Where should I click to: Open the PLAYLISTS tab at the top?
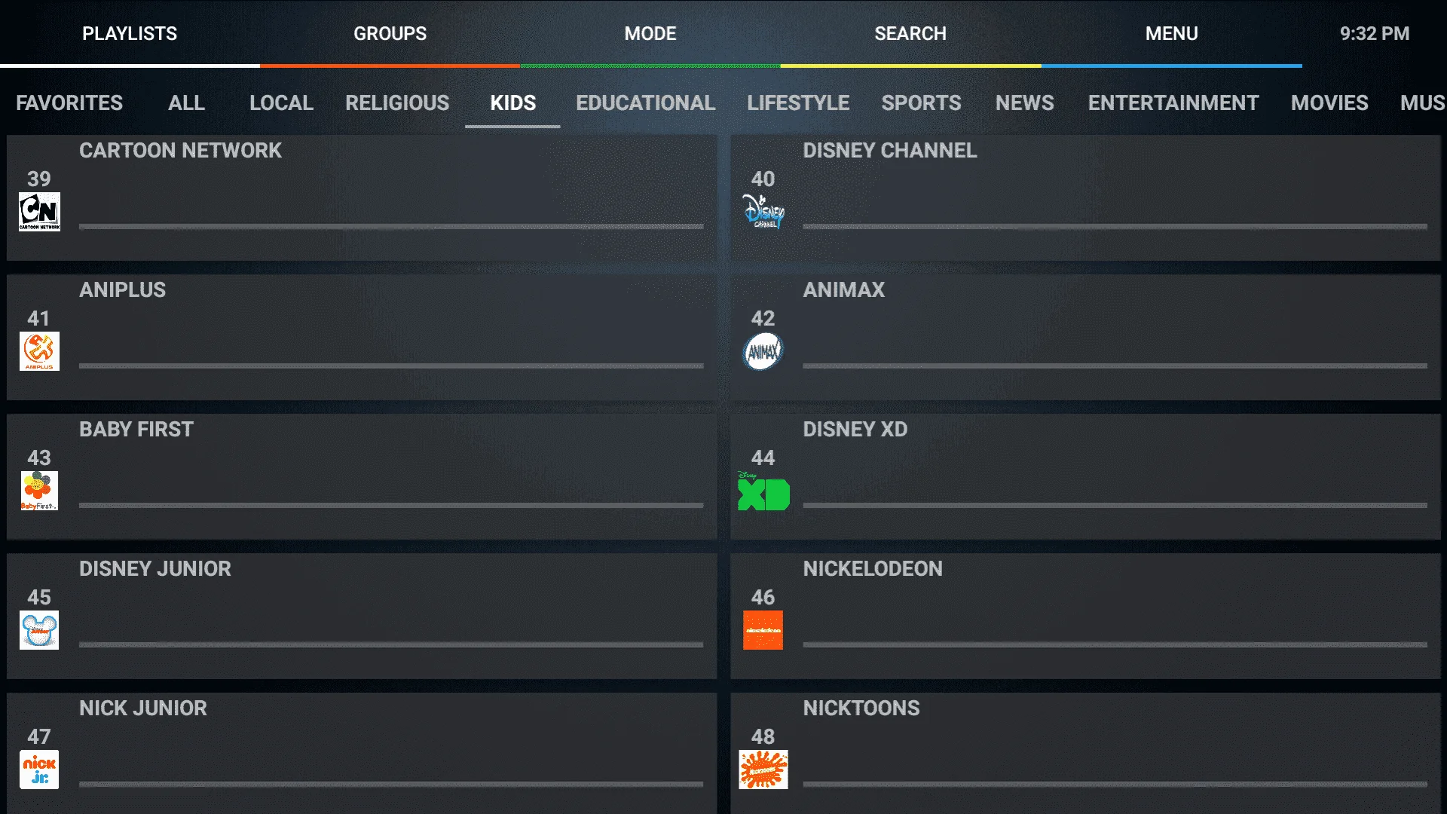pyautogui.click(x=130, y=34)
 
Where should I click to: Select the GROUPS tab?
pyautogui.click(x=390, y=34)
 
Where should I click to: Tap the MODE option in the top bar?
pyautogui.click(x=650, y=34)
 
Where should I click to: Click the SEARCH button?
pyautogui.click(x=910, y=34)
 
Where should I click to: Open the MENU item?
pyautogui.click(x=1172, y=34)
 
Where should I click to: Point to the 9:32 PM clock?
pyautogui.click(x=1375, y=34)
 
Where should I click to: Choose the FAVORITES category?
pyautogui.click(x=69, y=103)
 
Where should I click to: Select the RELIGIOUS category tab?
pyautogui.click(x=397, y=103)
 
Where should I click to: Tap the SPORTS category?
pyautogui.click(x=921, y=103)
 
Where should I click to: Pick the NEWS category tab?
pyautogui.click(x=1024, y=103)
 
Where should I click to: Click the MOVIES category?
pyautogui.click(x=1329, y=103)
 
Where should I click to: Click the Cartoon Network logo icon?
pyautogui.click(x=39, y=212)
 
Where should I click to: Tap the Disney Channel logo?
pyautogui.click(x=763, y=211)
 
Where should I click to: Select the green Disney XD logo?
pyautogui.click(x=763, y=491)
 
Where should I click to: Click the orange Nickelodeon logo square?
pyautogui.click(x=763, y=630)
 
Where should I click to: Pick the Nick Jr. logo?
pyautogui.click(x=39, y=770)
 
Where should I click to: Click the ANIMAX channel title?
pyautogui.click(x=843, y=290)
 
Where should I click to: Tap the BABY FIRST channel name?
pyautogui.click(x=136, y=430)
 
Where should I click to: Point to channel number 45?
pyautogui.click(x=39, y=598)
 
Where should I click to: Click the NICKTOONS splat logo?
pyautogui.click(x=763, y=770)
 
